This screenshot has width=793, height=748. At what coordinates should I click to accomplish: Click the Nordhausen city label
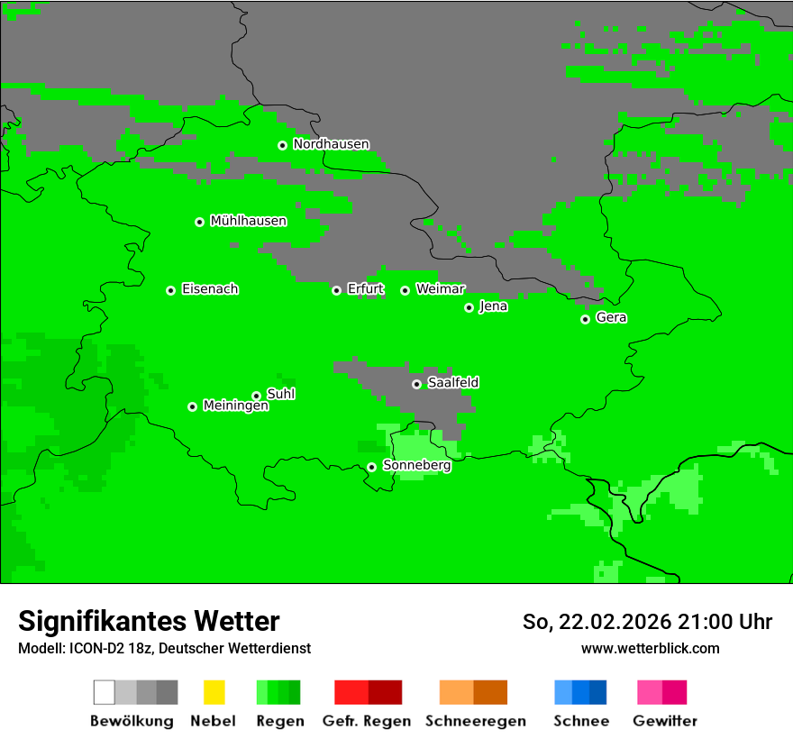331,144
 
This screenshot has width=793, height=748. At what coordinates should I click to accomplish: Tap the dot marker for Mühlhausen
199,222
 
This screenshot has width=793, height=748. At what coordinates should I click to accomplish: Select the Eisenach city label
210,289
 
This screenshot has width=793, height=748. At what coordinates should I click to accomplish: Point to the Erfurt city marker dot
336,290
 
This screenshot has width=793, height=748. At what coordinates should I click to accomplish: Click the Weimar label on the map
441,289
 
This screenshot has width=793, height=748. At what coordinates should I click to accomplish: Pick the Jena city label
493,306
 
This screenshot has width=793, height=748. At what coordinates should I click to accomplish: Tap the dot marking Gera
585,319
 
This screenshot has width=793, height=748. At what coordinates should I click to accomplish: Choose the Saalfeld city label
453,383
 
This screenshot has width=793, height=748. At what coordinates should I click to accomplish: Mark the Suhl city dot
256,396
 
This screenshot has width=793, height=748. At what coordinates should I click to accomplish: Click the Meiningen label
236,406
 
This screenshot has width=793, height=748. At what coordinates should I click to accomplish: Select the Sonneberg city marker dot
371,467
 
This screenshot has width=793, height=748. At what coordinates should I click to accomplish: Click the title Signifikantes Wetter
149,622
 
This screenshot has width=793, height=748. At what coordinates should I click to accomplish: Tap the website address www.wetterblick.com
650,649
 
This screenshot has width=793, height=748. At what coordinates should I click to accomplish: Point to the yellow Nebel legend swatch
214,692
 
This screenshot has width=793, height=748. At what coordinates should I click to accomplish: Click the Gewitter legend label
665,721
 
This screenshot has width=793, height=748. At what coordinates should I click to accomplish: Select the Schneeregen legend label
476,721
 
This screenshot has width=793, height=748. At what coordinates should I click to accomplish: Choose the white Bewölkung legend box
104,692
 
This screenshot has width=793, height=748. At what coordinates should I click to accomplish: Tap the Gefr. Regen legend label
367,721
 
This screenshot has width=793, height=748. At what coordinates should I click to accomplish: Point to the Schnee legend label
581,721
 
